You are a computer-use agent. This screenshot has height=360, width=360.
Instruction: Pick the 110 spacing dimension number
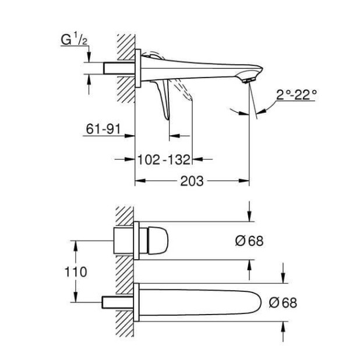77,271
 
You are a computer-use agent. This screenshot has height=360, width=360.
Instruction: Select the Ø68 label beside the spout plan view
283,302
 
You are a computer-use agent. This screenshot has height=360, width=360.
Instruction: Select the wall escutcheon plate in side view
137,69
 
